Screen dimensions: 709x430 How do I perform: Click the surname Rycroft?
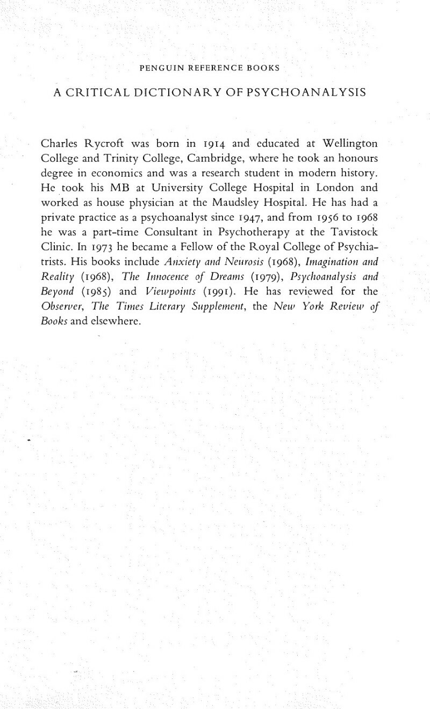click(103, 144)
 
